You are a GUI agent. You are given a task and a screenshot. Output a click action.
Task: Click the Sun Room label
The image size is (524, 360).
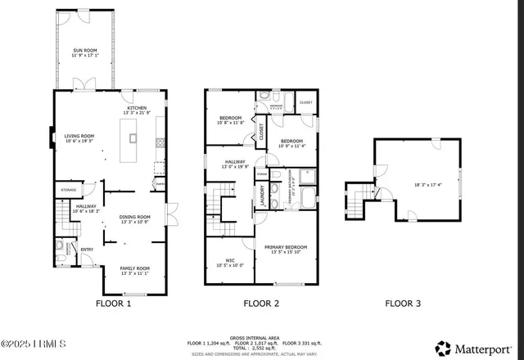(85, 52)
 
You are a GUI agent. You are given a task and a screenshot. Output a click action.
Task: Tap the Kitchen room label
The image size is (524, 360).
(135, 108)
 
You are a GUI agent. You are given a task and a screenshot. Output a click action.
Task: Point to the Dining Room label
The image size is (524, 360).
(135, 217)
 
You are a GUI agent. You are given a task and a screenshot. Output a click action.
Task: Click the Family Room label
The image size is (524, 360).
(135, 269)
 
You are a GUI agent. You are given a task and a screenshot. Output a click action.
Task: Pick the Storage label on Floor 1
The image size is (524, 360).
(69, 190)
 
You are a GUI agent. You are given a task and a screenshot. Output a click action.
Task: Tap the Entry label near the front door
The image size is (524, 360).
(86, 250)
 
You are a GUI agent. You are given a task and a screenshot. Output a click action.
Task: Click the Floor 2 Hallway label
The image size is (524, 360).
(236, 162)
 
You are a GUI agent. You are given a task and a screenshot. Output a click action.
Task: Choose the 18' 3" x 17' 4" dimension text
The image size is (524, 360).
(427, 185)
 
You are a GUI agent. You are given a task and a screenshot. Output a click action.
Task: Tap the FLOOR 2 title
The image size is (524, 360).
(260, 304)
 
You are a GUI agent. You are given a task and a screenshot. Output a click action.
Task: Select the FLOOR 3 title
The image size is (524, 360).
(403, 304)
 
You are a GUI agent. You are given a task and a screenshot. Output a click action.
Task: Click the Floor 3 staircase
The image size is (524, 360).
(355, 196)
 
